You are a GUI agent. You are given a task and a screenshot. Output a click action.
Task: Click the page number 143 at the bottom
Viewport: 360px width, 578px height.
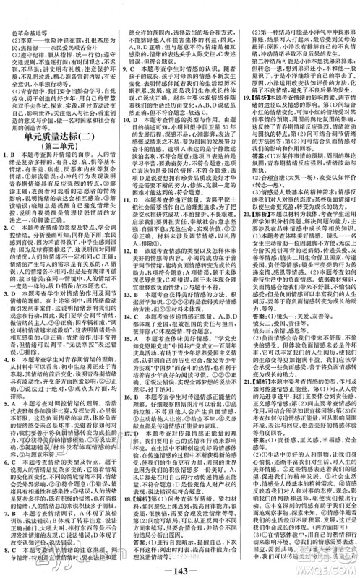tap(180, 565)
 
